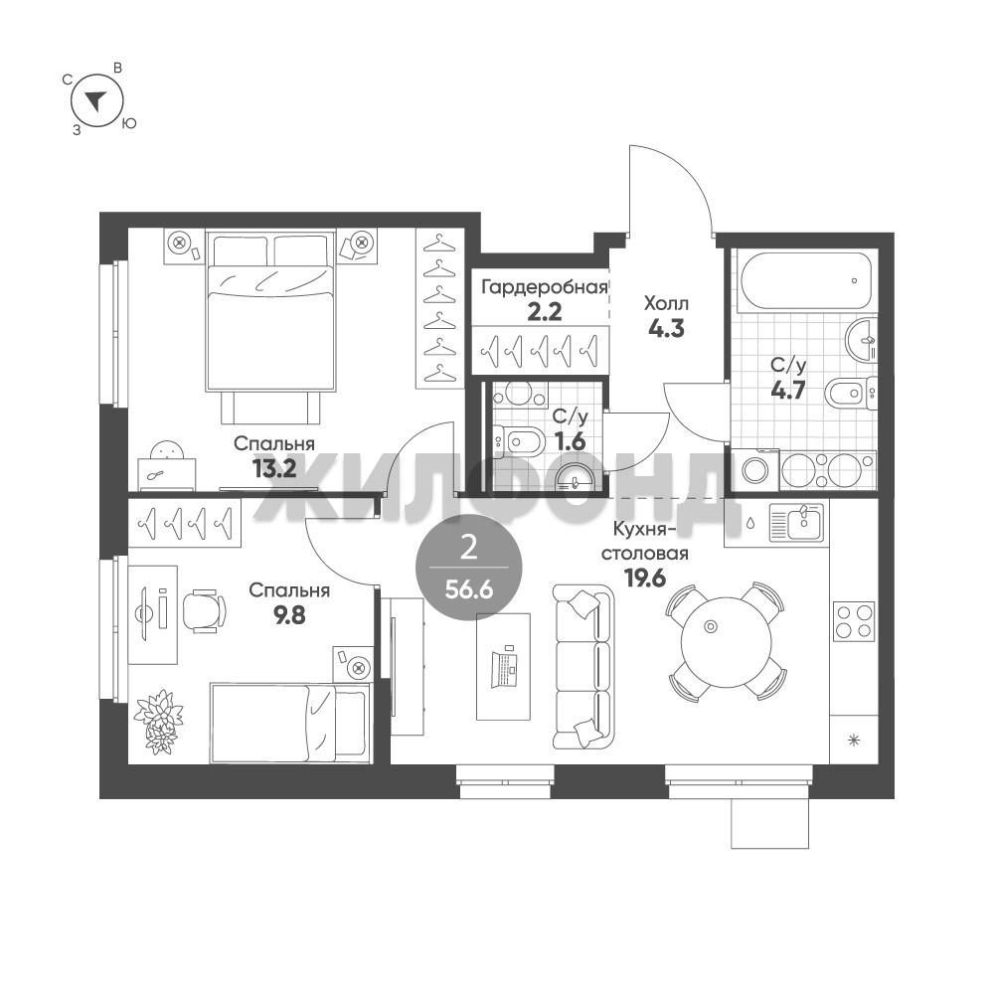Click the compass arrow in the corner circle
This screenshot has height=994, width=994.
pyautogui.click(x=95, y=100)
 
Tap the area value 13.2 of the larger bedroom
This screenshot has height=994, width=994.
pyautogui.click(x=274, y=469)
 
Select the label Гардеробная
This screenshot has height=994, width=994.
pyautogui.click(x=545, y=288)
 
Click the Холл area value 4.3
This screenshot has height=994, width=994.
pyautogui.click(x=666, y=328)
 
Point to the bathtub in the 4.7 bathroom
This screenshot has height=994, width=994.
pyautogui.click(x=805, y=281)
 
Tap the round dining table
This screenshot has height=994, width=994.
pyautogui.click(x=727, y=641)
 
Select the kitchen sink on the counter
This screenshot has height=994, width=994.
pyautogui.click(x=796, y=522)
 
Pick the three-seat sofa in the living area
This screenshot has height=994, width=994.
pyautogui.click(x=583, y=666)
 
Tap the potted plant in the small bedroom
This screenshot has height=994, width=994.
pyautogui.click(x=158, y=722)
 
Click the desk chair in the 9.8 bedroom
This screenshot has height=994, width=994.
pyautogui.click(x=204, y=610)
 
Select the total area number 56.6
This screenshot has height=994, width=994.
pyautogui.click(x=468, y=590)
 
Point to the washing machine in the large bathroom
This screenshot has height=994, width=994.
pyautogui.click(x=754, y=470)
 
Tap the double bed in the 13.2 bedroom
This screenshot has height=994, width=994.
pyautogui.click(x=270, y=328)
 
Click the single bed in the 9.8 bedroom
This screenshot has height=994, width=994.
pyautogui.click(x=290, y=723)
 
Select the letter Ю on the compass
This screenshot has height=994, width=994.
pyautogui.click(x=128, y=123)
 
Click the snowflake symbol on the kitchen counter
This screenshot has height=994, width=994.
pyautogui.click(x=854, y=740)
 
